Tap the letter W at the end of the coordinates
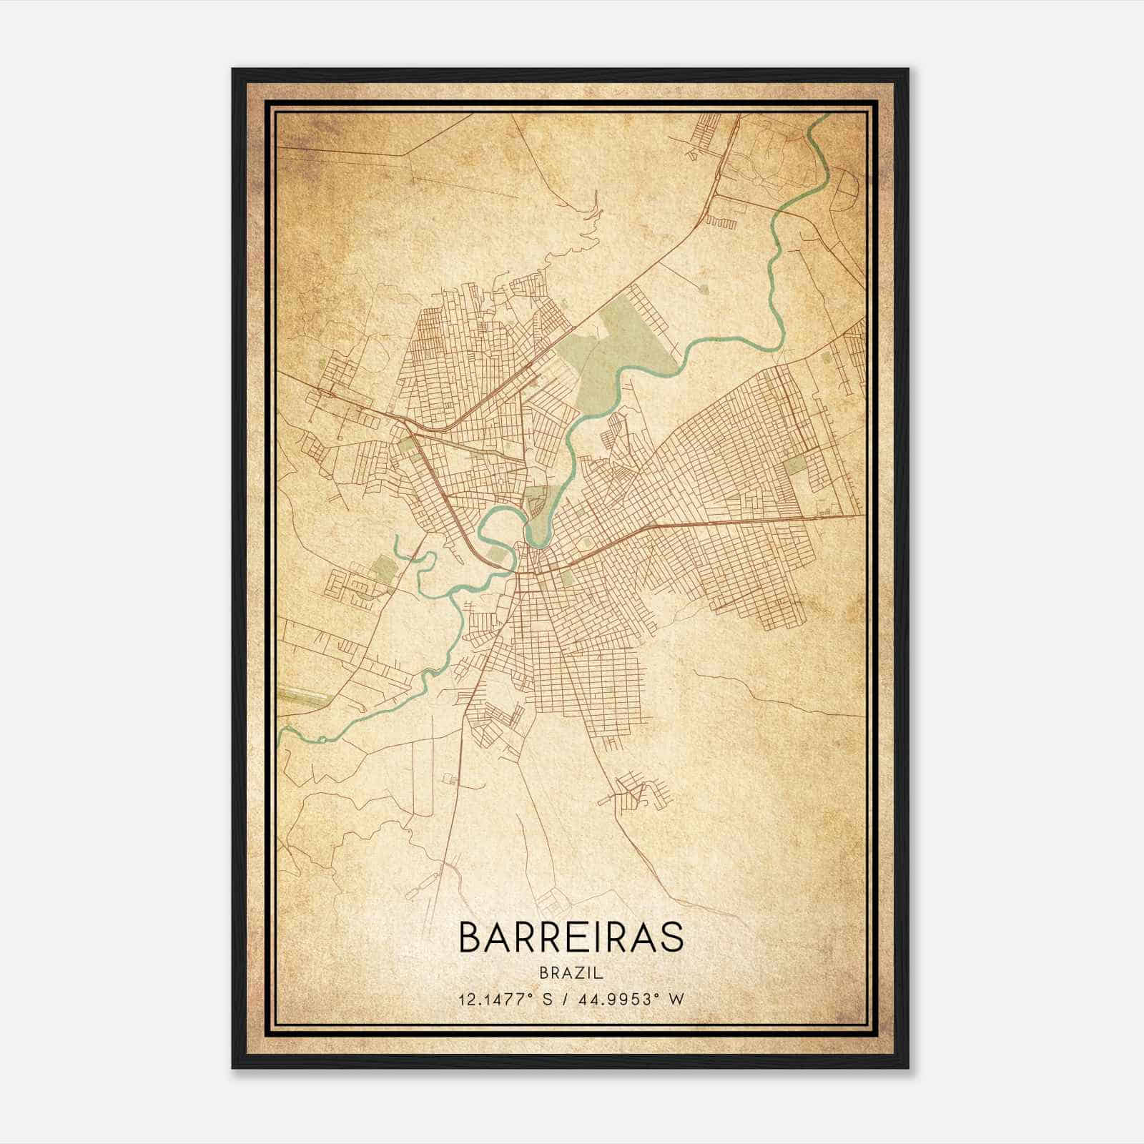pos(677,999)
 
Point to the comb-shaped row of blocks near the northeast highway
pos(721,222)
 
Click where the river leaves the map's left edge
pos(280,732)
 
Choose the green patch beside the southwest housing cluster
pos(381,570)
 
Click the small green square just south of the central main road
pos(567,578)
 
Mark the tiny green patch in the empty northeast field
pos(705,289)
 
